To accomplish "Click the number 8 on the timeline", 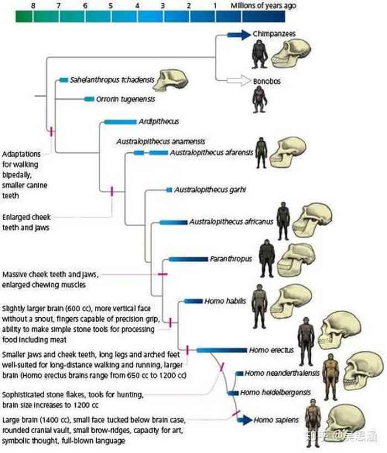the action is click(33, 6).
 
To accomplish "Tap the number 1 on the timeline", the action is click(215, 6).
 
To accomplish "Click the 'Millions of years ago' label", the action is click(263, 6).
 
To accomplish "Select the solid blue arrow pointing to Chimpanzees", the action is click(239, 35).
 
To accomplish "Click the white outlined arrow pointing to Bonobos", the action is click(239, 81).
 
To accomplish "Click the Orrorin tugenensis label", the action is click(125, 99).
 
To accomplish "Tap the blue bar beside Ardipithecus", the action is click(120, 122).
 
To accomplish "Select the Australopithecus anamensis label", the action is click(161, 142).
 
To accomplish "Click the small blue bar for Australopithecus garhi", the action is click(169, 190).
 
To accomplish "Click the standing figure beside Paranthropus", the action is click(266, 259).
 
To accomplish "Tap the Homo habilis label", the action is click(225, 301).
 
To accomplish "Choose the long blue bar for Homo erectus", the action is click(222, 350).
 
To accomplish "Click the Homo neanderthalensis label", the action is click(282, 373).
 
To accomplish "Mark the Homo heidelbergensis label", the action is click(275, 392).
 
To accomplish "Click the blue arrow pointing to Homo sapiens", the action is click(244, 419).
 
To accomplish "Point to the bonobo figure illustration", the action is click(259, 100).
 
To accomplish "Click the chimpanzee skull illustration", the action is click(291, 54).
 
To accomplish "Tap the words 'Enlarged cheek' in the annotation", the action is click(27, 217).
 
